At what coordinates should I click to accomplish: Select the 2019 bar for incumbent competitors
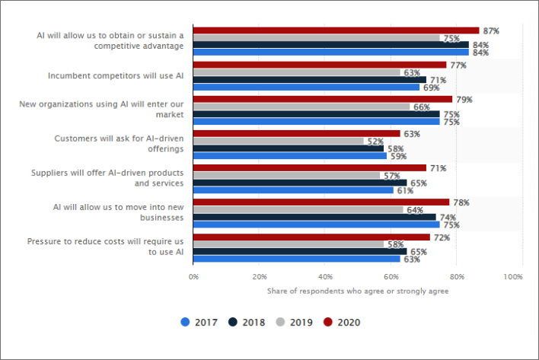click(297, 72)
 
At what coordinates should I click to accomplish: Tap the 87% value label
click(491, 30)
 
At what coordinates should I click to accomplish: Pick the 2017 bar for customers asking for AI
click(290, 156)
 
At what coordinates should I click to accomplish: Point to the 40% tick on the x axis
click(325, 276)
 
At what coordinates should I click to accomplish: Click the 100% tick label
click(512, 276)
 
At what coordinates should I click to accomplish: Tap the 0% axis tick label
click(194, 276)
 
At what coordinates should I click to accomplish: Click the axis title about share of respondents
click(357, 291)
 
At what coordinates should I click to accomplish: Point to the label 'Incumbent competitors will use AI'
click(115, 75)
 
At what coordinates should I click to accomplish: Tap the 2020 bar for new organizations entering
click(323, 99)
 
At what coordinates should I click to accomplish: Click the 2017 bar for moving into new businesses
click(316, 225)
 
